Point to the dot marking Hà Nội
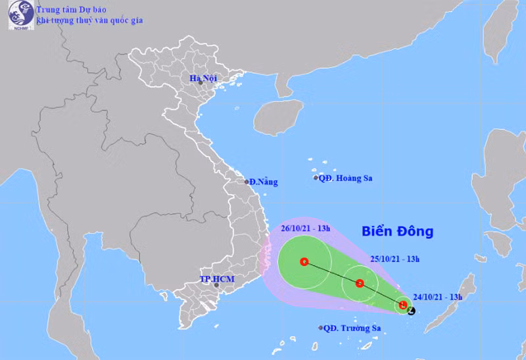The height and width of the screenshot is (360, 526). [x=201, y=83]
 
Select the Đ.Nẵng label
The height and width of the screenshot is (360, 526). [x=264, y=182]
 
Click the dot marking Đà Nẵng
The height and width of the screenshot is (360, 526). [x=247, y=182]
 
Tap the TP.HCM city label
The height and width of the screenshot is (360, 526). [x=217, y=280]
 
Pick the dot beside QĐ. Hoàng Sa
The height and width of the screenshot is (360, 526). [x=316, y=177]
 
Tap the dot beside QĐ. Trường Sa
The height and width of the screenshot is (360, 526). [x=320, y=328]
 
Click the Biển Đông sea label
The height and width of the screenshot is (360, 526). [x=398, y=231]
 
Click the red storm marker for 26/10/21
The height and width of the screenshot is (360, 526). [x=304, y=261]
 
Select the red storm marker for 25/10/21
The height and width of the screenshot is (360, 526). [x=360, y=284]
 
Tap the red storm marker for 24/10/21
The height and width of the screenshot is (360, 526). [x=402, y=305]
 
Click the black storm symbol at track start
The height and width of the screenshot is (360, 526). [x=411, y=309]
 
